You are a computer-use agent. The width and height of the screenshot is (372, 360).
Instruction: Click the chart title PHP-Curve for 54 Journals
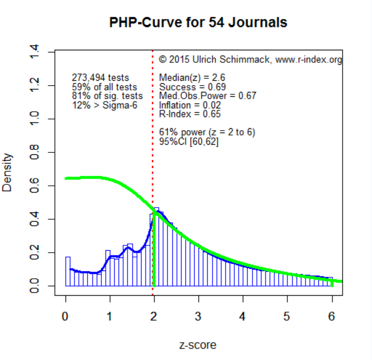[x=198, y=23]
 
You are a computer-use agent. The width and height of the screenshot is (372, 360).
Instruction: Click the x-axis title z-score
[x=198, y=345]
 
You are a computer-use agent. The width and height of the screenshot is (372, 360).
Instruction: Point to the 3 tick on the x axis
[x=199, y=296]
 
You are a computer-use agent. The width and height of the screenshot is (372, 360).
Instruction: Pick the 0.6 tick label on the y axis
[x=34, y=186]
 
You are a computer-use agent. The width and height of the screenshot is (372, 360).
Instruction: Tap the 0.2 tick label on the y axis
[x=34, y=253]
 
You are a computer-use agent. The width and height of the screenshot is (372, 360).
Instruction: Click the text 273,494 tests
[x=100, y=77]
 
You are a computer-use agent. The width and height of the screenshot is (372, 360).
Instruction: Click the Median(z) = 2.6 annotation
[x=192, y=77]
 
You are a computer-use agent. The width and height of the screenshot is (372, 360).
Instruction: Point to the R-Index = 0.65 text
[x=190, y=114]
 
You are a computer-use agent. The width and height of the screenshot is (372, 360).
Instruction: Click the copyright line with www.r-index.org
[x=250, y=60]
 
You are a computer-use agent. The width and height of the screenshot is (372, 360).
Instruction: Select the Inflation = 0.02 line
[x=190, y=105]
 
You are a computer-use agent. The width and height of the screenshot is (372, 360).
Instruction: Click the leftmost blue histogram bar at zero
[x=68, y=271]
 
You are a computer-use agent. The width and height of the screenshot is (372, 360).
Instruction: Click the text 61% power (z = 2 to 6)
[x=207, y=132]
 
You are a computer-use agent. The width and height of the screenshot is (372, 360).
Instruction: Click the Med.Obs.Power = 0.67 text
[x=208, y=96]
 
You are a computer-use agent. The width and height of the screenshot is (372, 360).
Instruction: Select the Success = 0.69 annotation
[x=192, y=87]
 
